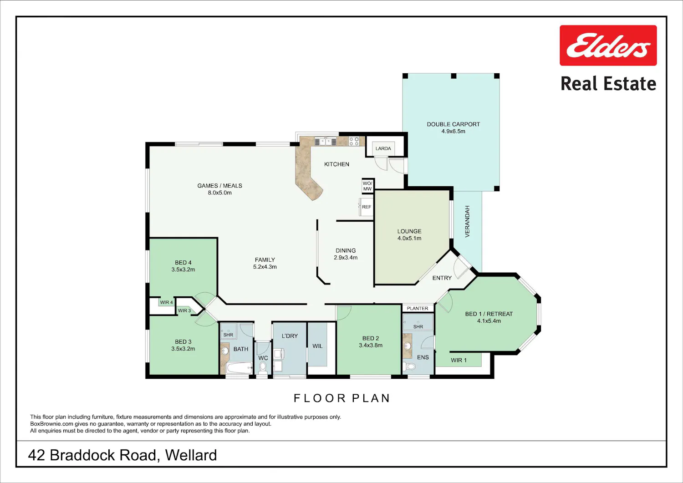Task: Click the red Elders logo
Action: (x=608, y=46)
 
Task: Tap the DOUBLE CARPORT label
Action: (x=454, y=124)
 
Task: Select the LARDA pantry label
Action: (x=383, y=148)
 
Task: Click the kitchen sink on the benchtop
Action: (x=326, y=142)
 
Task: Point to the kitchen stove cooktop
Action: (x=354, y=141)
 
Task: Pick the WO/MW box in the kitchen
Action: (x=367, y=186)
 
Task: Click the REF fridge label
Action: (x=367, y=207)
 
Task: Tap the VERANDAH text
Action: (x=467, y=221)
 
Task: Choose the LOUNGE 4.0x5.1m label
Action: (x=409, y=235)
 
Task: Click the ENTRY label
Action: (x=442, y=278)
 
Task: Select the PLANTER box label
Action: (x=418, y=308)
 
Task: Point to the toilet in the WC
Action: (x=263, y=368)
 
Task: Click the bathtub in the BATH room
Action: (x=240, y=368)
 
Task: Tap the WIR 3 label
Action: (x=184, y=311)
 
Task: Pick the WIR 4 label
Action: (x=167, y=302)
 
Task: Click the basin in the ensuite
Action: (x=408, y=346)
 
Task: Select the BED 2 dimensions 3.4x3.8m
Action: (x=371, y=346)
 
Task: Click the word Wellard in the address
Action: (x=191, y=455)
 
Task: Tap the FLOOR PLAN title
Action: (x=342, y=398)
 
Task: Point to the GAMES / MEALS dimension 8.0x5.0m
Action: (x=220, y=193)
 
